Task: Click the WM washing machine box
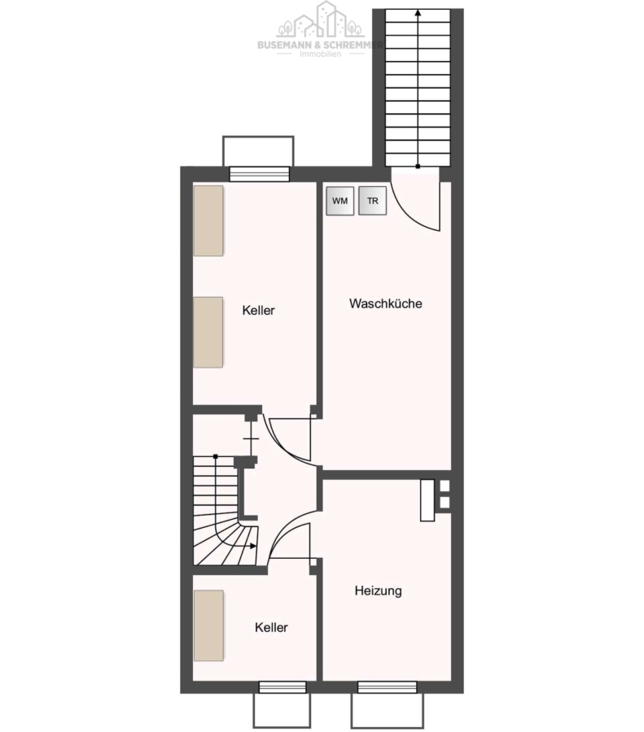click(340, 201)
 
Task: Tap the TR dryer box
click(372, 201)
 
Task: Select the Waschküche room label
click(386, 303)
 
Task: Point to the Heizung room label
click(378, 590)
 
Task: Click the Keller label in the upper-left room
click(258, 310)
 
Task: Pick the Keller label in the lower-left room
click(271, 627)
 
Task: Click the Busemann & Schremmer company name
click(321, 45)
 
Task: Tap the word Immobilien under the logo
click(321, 54)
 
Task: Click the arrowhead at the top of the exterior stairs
click(418, 13)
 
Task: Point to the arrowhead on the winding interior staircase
click(253, 546)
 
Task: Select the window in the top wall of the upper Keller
click(260, 174)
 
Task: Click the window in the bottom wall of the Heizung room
click(387, 687)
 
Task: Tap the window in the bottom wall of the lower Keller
click(283, 687)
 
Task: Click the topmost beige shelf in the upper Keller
click(208, 220)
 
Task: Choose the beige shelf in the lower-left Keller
click(208, 625)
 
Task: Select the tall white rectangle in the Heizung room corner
click(427, 500)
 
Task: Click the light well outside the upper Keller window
click(258, 150)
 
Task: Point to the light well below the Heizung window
click(387, 711)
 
